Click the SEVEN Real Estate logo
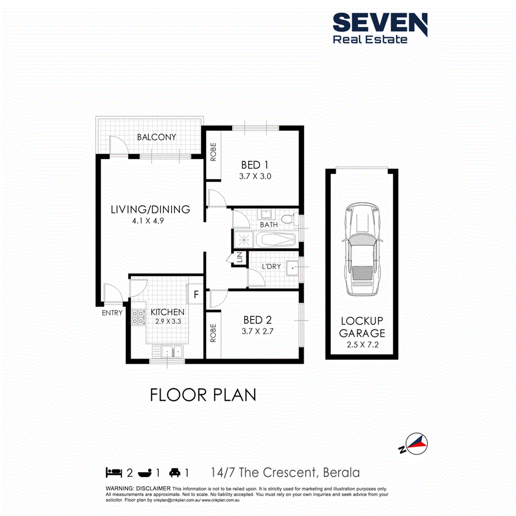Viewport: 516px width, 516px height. click(x=379, y=28)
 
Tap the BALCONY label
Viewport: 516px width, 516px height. click(x=157, y=137)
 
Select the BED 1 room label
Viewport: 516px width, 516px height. click(x=255, y=164)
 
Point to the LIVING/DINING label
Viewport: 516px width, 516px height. click(x=150, y=209)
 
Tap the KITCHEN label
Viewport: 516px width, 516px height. click(x=167, y=312)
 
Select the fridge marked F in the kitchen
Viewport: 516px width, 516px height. click(x=195, y=295)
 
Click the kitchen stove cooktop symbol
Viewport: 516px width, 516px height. click(x=137, y=317)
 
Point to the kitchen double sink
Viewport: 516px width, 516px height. click(x=168, y=350)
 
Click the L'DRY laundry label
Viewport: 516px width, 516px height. click(x=271, y=267)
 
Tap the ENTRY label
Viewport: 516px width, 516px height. click(x=112, y=313)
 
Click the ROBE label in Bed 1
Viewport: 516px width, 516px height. click(x=213, y=152)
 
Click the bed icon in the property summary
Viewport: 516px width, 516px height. click(x=113, y=472)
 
